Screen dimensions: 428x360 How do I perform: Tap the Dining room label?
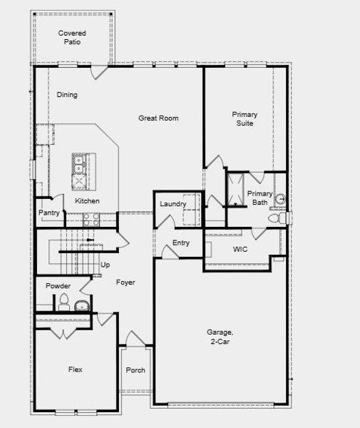[x=67, y=95]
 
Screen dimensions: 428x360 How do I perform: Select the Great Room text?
[x=158, y=118]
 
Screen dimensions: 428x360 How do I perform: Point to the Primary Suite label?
[x=245, y=119]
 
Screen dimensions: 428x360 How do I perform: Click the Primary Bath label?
[x=259, y=198]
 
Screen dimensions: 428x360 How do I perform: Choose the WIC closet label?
[x=240, y=250]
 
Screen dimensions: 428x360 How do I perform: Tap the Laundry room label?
[x=173, y=205]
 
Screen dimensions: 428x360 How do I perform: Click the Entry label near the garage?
[x=181, y=243]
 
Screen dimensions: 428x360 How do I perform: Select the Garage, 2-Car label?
[x=220, y=337]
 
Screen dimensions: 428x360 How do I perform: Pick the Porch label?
[x=135, y=370]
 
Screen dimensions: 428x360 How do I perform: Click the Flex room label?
[x=76, y=370]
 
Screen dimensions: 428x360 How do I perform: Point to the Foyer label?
[x=125, y=282]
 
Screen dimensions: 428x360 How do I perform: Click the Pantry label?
[x=49, y=213]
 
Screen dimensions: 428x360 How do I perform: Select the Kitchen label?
[x=88, y=201]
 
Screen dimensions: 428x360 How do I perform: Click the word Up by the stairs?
[x=106, y=265]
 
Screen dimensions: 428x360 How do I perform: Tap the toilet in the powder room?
[x=63, y=300]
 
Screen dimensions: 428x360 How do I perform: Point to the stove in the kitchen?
[x=90, y=220]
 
